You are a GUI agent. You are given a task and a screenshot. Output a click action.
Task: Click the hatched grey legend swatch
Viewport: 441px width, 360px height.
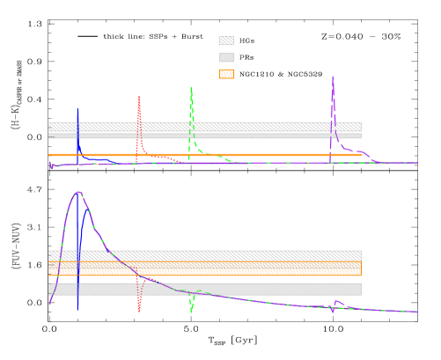tap(226, 40)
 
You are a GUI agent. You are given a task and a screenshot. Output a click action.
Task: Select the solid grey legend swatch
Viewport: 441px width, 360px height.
tap(226, 57)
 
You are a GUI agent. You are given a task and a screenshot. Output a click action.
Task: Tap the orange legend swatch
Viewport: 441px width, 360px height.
tap(226, 74)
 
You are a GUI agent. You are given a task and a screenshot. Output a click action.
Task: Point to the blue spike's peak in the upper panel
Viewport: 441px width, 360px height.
tap(77, 108)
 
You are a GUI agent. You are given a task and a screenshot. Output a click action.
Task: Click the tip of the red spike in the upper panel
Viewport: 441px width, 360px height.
tap(139, 97)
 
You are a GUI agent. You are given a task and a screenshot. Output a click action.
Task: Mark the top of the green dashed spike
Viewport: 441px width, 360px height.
tap(191, 87)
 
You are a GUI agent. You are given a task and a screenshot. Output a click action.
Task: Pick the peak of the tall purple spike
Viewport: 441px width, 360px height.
tap(333, 77)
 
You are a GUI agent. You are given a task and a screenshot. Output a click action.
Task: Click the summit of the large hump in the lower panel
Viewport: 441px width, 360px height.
tap(78, 192)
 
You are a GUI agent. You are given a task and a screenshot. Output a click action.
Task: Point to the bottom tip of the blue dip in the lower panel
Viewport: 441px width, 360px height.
tap(77, 309)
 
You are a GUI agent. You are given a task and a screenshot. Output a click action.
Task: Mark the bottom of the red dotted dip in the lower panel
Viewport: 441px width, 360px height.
tap(139, 310)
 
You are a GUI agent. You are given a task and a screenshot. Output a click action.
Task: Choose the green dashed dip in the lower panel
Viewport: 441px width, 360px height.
tap(191, 310)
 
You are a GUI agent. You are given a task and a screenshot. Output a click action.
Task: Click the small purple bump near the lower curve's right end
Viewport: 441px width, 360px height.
tap(337, 303)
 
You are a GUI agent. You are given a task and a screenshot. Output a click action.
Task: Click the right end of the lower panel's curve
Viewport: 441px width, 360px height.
tap(416, 312)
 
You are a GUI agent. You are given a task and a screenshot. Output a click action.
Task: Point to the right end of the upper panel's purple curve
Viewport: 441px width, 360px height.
tap(416, 163)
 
